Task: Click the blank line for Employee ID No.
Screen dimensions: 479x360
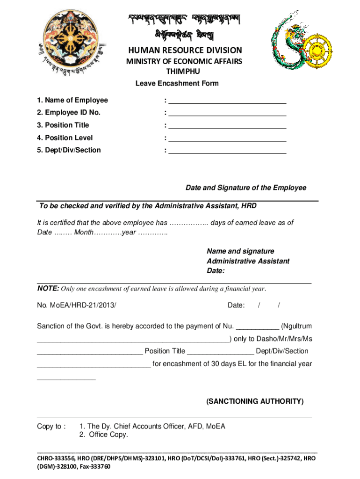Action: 227,114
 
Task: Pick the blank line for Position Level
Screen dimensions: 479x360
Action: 227,139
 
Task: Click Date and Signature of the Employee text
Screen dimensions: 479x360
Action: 246,188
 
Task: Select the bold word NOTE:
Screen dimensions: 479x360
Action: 48,289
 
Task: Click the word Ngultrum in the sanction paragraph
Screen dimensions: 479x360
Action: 298,326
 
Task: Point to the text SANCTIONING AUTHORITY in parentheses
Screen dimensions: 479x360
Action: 255,401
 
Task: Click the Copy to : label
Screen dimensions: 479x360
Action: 51,426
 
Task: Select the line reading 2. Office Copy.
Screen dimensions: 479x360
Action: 103,435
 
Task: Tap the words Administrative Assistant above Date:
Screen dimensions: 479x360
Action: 248,261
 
